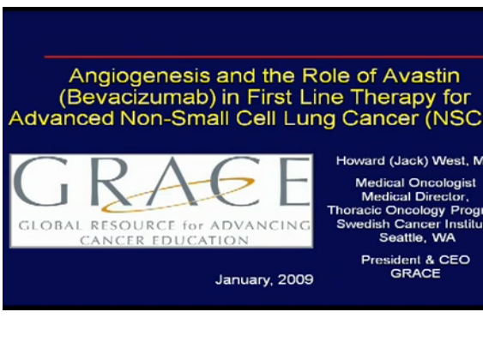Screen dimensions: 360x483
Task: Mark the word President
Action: pyautogui.click(x=389, y=260)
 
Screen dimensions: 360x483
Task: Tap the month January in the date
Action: pyautogui.click(x=241, y=279)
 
